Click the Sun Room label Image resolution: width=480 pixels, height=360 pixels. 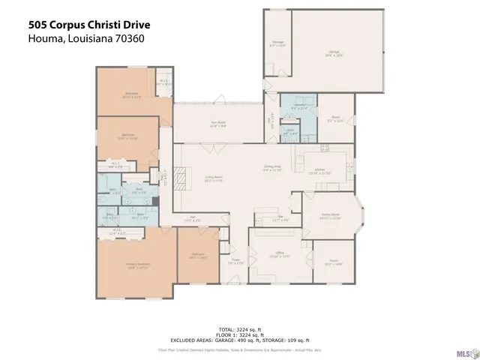point(218,125)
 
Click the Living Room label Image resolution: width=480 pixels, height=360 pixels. point(215,178)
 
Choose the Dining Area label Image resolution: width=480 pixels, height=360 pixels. point(271,169)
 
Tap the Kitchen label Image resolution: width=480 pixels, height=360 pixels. point(319,171)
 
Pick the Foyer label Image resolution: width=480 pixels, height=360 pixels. point(235,262)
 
